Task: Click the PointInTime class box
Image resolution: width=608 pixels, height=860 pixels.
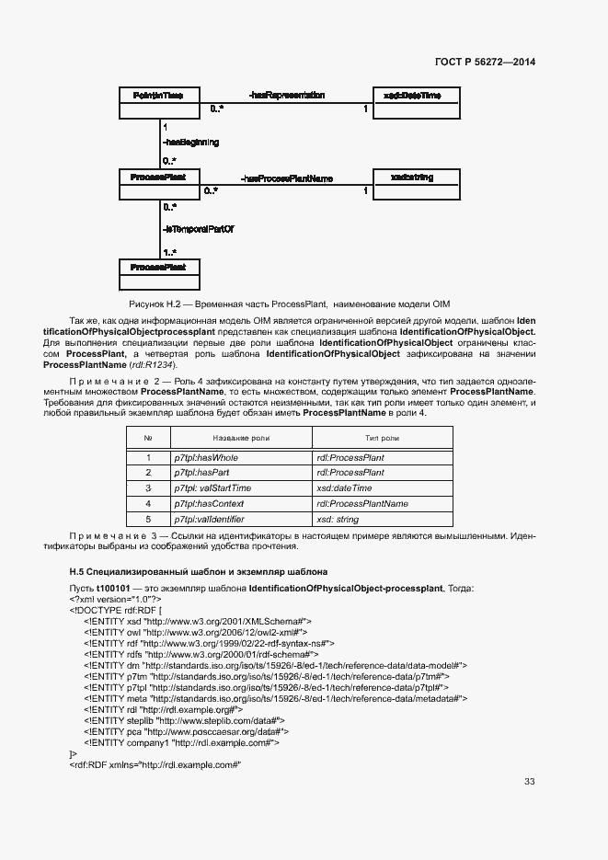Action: [158, 102]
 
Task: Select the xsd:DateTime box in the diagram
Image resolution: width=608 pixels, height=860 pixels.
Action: [412, 102]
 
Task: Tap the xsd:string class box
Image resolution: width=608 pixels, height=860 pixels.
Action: [412, 183]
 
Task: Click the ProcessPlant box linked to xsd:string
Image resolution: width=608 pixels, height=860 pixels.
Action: [158, 183]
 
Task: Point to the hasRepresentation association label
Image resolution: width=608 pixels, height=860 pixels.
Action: [286, 95]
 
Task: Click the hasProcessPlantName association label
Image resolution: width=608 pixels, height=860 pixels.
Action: [286, 178]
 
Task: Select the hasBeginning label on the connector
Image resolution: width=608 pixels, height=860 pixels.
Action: [190, 143]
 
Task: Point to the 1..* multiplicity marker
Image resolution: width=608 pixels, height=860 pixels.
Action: [170, 251]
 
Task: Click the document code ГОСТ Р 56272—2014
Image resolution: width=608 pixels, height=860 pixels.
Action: [485, 62]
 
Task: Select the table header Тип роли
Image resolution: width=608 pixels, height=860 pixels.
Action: [382, 439]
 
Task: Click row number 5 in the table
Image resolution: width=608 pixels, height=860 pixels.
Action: [147, 520]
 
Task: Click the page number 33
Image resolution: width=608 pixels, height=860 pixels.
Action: [529, 782]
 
